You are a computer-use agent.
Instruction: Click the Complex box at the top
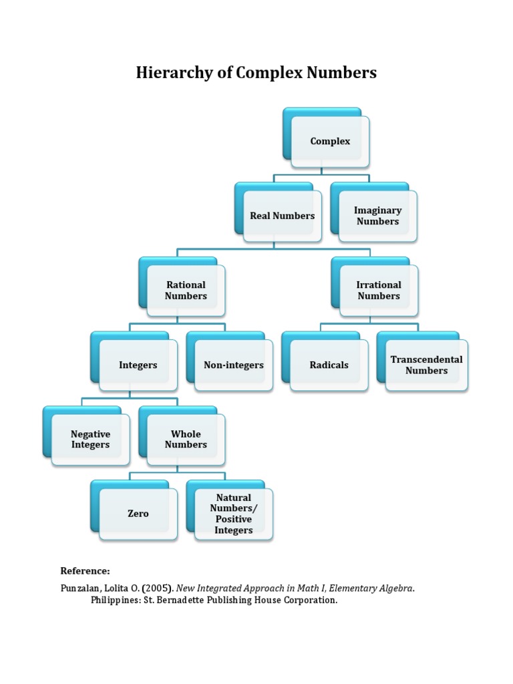point(330,141)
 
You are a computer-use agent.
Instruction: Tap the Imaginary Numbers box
point(377,216)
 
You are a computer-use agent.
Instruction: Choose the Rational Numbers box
point(186,291)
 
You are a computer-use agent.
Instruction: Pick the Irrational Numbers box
point(379,291)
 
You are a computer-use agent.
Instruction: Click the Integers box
point(138,365)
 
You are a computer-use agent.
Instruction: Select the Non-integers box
point(234,365)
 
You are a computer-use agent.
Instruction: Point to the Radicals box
point(329,365)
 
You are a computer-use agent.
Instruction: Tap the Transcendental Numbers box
point(426,365)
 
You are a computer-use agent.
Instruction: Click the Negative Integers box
point(90,440)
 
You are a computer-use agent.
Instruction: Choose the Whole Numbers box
point(186,440)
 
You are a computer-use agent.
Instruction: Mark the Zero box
point(138,514)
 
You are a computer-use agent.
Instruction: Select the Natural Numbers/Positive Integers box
point(234,514)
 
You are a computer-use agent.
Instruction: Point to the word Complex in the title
point(269,73)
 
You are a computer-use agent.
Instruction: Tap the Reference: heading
point(85,571)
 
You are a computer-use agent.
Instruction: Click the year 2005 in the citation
point(156,588)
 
